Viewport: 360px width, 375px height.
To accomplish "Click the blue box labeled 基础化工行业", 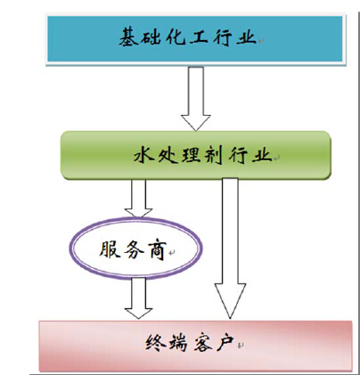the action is tap(195, 39).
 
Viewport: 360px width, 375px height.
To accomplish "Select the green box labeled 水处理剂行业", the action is tap(196, 155).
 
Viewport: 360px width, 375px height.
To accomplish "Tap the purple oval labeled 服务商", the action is tap(136, 249).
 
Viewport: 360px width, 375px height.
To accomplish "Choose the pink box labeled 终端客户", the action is tap(195, 346).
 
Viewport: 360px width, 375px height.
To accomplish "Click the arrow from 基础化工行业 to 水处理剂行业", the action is tap(196, 99).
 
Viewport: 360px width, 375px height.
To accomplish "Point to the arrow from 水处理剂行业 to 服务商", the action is tap(138, 199).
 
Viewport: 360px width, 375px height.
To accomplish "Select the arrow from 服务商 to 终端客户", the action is tap(138, 298).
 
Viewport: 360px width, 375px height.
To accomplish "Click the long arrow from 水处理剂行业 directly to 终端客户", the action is tap(230, 249).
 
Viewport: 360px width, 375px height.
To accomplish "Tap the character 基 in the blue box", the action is tap(128, 37).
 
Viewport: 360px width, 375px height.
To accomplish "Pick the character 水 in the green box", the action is tap(143, 155).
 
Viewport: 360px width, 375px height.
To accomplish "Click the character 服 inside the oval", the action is tap(109, 249).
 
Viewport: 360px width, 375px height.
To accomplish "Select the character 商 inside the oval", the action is tap(157, 249).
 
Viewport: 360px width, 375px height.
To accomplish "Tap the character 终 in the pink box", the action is tap(155, 343).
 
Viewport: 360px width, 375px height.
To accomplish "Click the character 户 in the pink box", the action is tap(225, 343).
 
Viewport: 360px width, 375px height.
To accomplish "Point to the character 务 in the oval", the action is tap(133, 249).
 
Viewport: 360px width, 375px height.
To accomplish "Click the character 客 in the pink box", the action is tap(202, 343).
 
